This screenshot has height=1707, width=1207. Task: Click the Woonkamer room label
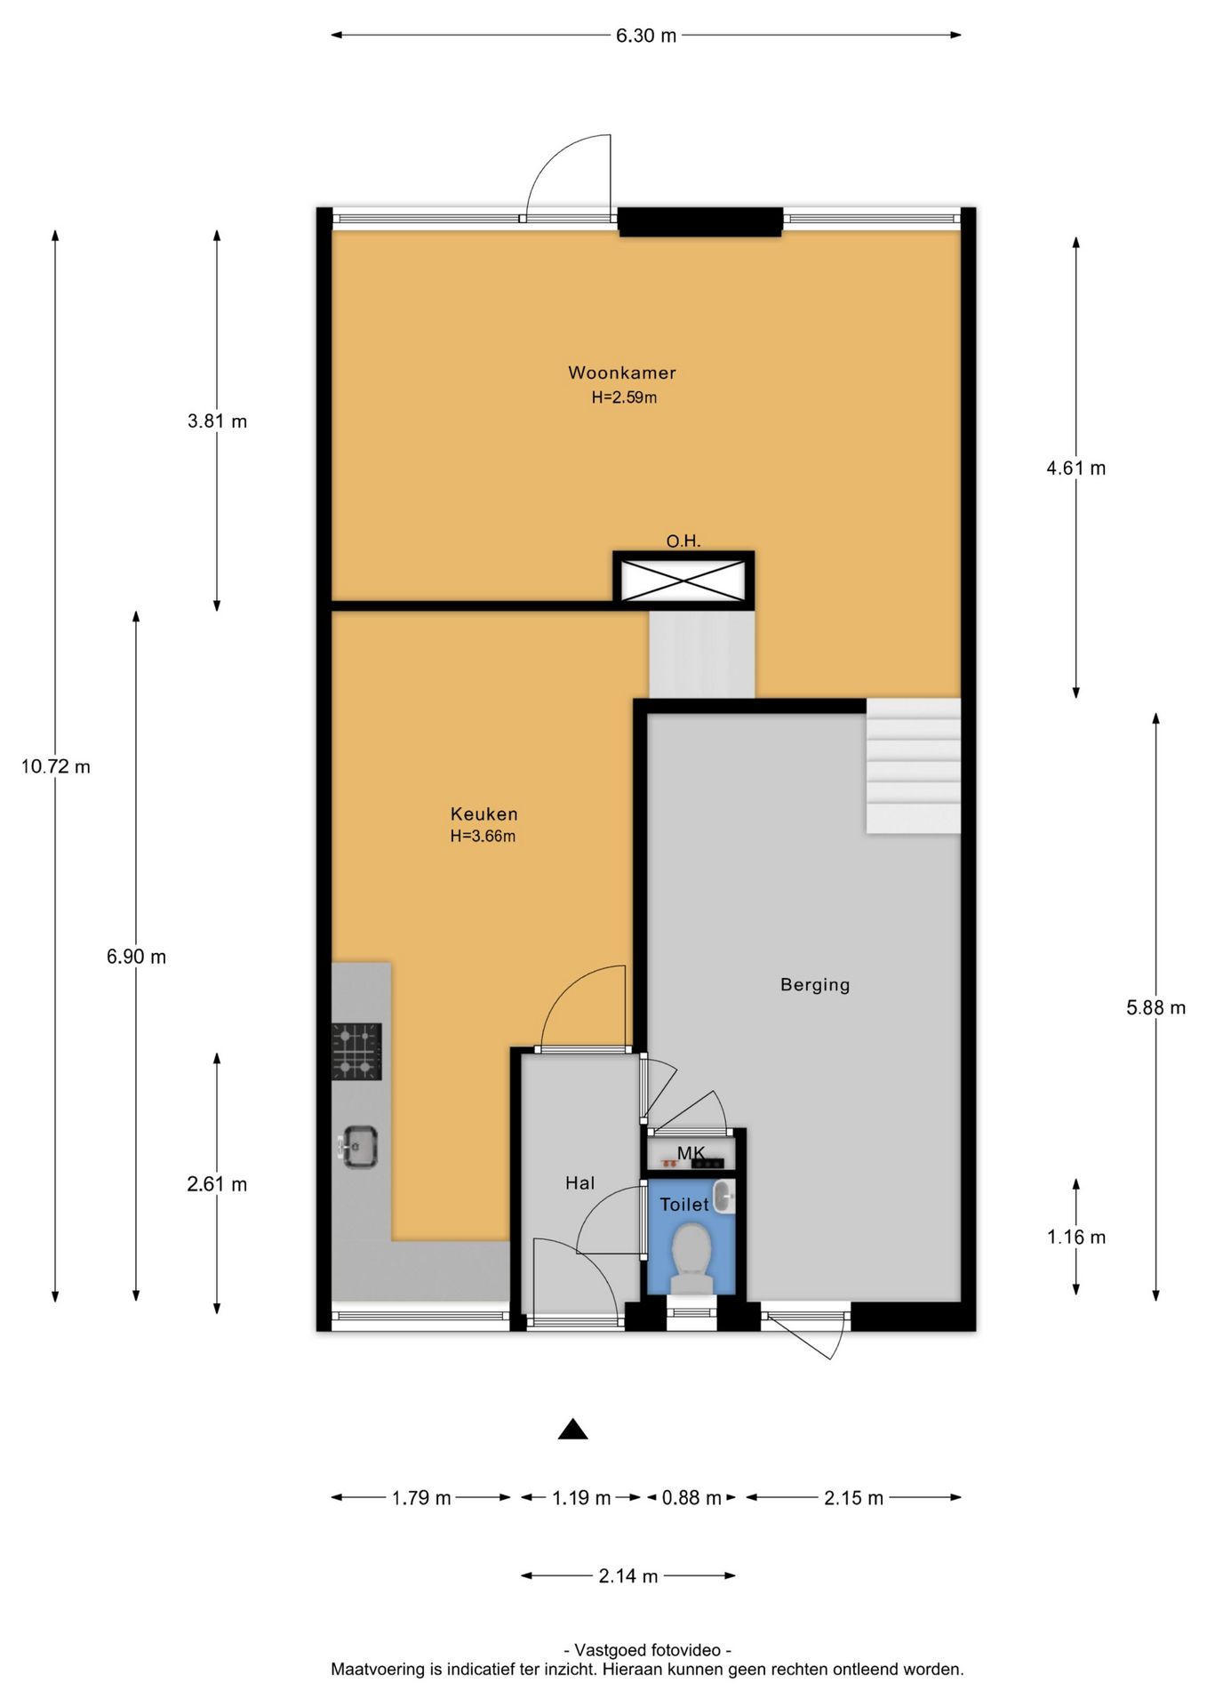(622, 373)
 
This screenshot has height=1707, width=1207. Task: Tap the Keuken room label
(484, 813)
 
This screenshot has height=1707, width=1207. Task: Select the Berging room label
(815, 984)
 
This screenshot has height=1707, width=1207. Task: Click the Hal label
(580, 1182)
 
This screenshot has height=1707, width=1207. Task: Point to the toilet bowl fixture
(691, 1258)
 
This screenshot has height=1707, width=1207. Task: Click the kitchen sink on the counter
(359, 1147)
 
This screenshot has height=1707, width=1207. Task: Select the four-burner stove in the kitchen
(356, 1052)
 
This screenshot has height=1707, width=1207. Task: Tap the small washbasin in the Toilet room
(724, 1196)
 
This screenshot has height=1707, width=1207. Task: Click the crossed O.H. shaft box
(683, 581)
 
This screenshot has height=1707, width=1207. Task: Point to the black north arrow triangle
(573, 1429)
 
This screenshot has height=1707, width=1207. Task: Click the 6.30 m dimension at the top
(646, 36)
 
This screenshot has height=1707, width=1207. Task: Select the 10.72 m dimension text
(56, 766)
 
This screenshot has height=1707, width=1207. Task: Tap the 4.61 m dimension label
(1076, 468)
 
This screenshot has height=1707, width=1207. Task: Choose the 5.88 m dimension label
(1155, 1007)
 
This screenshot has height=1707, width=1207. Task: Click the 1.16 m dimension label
(1076, 1237)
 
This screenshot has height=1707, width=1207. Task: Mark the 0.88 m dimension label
(691, 1497)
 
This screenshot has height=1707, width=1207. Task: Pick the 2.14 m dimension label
(628, 1575)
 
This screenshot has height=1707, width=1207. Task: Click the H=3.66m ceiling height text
(483, 836)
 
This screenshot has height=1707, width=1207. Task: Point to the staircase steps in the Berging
(914, 765)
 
